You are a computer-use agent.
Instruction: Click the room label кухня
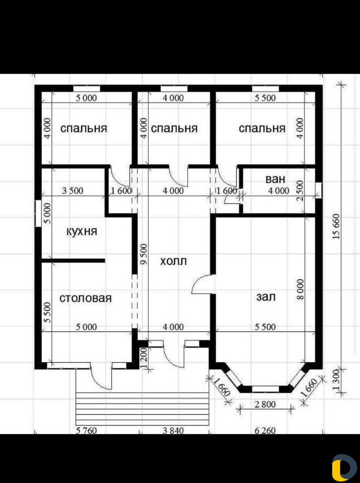pyautogui.click(x=82, y=232)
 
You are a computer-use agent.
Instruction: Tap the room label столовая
pyautogui.click(x=86, y=298)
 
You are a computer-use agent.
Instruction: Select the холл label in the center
pyautogui.click(x=173, y=261)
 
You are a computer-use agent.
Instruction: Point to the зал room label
pyautogui.click(x=266, y=297)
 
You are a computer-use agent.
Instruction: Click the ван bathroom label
pyautogui.click(x=276, y=179)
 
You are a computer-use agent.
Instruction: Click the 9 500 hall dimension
pyautogui.click(x=143, y=254)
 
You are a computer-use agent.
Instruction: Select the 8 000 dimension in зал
pyautogui.click(x=300, y=289)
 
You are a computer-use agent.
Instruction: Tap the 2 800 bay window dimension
pyautogui.click(x=265, y=404)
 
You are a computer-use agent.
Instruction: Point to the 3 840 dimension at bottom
pyautogui.click(x=173, y=430)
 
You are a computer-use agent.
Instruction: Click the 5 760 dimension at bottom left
pyautogui.click(x=86, y=430)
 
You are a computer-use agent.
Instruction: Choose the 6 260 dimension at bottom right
pyautogui.click(x=265, y=430)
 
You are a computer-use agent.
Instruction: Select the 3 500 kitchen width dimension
pyautogui.click(x=72, y=191)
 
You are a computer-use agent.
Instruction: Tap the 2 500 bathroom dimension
pyautogui.click(x=300, y=191)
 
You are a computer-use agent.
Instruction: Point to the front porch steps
pyautogui.click(x=142, y=409)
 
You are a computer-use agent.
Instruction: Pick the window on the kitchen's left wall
pyautogui.click(x=38, y=214)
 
